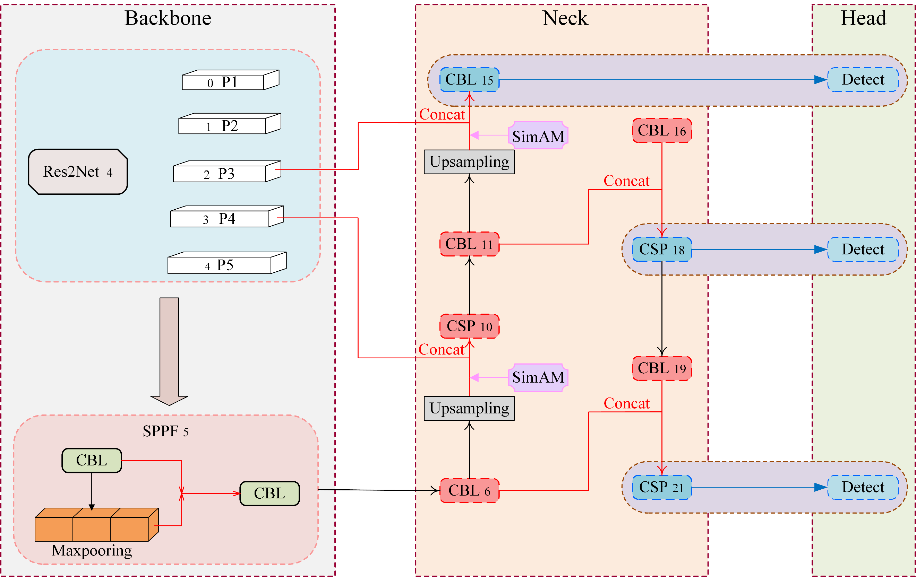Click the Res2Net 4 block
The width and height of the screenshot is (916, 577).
coord(78,172)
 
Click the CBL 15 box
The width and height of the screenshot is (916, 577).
coord(469,80)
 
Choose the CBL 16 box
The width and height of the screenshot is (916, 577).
coord(661,130)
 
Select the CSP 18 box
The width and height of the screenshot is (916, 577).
coord(661,250)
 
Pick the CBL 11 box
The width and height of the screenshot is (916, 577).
coord(469,244)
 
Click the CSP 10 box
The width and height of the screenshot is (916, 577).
coord(469,326)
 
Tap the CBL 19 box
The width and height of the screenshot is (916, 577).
coord(661,368)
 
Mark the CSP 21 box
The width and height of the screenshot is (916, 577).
coord(661,487)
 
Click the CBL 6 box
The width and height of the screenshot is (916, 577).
coord(469,491)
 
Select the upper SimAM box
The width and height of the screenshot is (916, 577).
coord(538,136)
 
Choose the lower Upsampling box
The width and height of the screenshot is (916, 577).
coord(469,408)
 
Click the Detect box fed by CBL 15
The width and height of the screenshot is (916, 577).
coord(863,80)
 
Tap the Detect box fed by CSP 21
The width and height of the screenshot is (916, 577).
coord(863,487)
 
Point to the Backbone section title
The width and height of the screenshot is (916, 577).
coord(168,18)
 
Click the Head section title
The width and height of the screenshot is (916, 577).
coord(863,18)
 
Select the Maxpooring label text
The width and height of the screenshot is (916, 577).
coord(92,550)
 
